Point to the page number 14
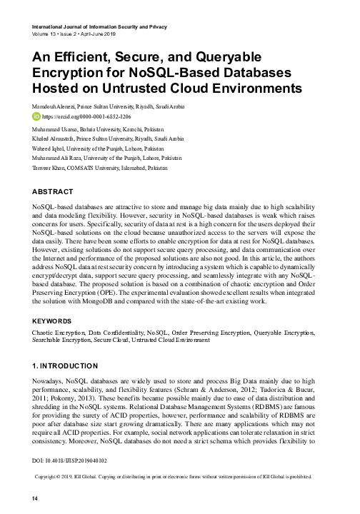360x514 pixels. (27, 498)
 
